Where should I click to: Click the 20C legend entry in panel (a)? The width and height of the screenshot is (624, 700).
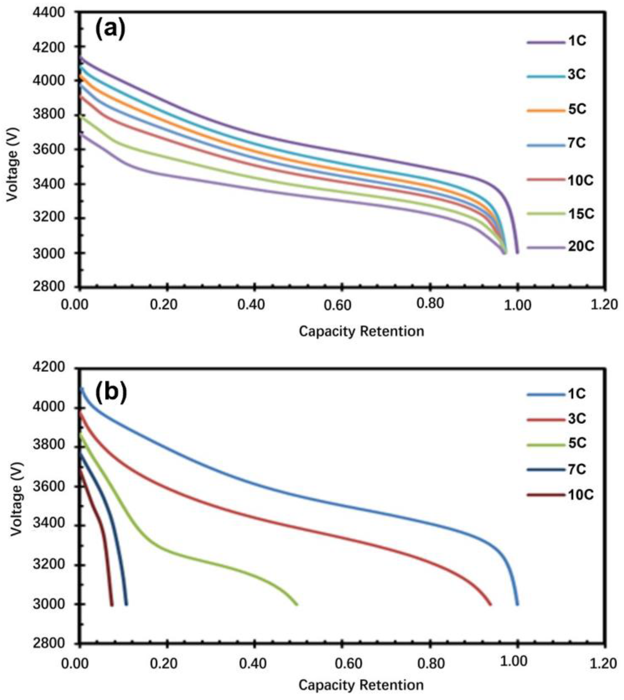pyautogui.click(x=580, y=247)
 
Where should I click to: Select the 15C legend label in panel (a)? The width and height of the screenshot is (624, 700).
pyautogui.click(x=580, y=214)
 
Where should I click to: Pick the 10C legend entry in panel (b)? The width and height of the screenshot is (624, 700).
pyautogui.click(x=580, y=495)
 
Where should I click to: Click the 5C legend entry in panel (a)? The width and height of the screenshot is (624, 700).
pyautogui.click(x=577, y=110)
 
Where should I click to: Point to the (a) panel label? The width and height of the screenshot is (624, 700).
pyautogui.click(x=110, y=29)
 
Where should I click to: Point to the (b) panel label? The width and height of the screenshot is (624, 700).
pyautogui.click(x=111, y=393)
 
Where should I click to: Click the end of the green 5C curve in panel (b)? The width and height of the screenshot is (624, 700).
pyautogui.click(x=297, y=604)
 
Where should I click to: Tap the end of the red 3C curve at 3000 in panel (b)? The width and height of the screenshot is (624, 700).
pyautogui.click(x=491, y=604)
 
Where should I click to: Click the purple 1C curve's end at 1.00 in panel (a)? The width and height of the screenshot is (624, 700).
pyautogui.click(x=517, y=252)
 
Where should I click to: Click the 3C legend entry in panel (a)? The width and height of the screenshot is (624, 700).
pyautogui.click(x=577, y=75)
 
